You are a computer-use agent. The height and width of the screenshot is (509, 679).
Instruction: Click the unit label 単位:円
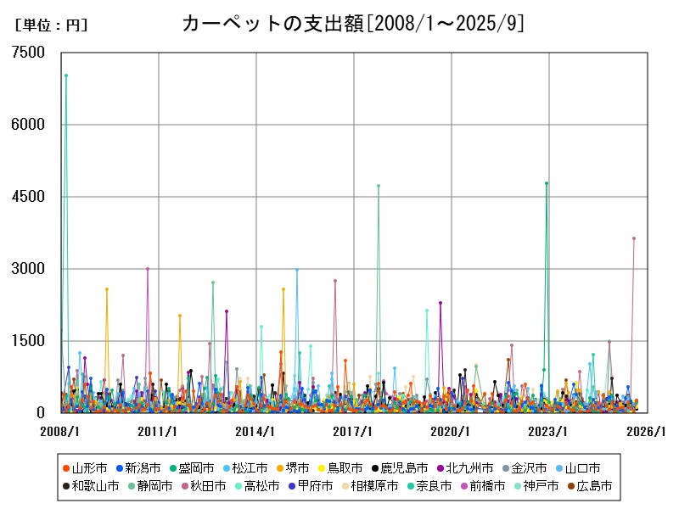coord(51,25)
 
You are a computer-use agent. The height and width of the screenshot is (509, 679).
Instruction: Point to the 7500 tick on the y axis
coord(29,53)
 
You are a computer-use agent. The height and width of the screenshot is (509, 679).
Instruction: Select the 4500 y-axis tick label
coord(29,197)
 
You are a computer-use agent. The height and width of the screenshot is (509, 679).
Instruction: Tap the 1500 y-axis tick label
coord(29,341)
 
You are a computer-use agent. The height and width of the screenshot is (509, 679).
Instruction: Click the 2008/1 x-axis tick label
coord(60,431)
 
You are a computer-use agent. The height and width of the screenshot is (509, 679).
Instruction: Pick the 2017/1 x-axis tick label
coord(353,431)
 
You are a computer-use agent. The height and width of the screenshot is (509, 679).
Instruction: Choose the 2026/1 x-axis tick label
coord(646,431)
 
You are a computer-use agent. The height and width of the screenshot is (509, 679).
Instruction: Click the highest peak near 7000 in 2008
coord(66,76)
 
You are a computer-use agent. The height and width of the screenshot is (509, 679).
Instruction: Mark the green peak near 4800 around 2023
coord(547,183)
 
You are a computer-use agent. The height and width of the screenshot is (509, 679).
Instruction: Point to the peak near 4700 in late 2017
coord(379,186)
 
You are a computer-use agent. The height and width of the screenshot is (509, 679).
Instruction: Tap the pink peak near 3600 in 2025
coord(633,238)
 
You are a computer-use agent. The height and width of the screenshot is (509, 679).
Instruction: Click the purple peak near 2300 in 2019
coord(441,303)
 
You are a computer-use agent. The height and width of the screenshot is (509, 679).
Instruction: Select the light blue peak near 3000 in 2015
coord(296,270)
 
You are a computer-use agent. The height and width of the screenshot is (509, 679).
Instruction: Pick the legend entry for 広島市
coord(589,486)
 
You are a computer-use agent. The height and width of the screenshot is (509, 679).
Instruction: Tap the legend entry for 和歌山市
coord(90,486)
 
